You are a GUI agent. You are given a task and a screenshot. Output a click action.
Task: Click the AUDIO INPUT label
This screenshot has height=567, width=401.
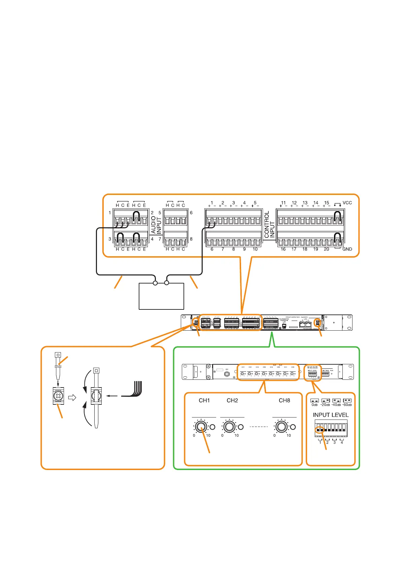(x=156, y=225)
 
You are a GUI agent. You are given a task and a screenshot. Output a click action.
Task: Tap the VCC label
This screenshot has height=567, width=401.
(x=347, y=203)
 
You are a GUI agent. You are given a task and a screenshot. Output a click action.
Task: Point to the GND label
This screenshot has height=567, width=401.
(x=347, y=249)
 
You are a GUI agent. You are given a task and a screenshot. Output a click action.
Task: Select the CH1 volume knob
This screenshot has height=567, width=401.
(x=201, y=427)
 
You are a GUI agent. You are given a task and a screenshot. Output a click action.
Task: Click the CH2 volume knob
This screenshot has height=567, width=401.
(x=229, y=427)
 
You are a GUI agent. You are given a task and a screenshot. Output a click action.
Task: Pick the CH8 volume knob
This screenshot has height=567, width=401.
(x=281, y=427)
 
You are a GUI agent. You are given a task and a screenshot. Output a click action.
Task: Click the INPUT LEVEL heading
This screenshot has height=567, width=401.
(x=331, y=415)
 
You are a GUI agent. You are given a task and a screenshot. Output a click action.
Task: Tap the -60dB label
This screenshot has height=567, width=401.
(x=347, y=404)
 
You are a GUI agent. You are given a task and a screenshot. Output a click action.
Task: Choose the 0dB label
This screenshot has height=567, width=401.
(x=314, y=404)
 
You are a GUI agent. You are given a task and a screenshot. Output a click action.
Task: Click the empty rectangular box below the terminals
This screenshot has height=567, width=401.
(x=161, y=296)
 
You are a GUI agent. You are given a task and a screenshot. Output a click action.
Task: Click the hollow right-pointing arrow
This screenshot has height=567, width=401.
(x=72, y=397)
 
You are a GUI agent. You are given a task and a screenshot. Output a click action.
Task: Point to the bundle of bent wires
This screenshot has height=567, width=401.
(x=135, y=390)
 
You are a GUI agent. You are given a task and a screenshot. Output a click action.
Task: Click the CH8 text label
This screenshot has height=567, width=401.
(x=284, y=400)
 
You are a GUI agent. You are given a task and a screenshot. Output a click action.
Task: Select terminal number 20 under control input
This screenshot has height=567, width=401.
(x=326, y=249)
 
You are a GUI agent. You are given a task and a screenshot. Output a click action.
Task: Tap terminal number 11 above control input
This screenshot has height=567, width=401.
(x=283, y=203)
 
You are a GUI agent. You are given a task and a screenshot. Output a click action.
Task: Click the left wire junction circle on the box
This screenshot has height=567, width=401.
(x=155, y=283)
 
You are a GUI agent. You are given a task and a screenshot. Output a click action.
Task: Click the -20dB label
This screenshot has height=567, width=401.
(x=325, y=404)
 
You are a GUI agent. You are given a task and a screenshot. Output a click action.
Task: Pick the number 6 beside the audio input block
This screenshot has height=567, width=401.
(x=191, y=213)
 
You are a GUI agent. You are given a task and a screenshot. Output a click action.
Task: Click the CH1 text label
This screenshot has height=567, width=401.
(x=204, y=400)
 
